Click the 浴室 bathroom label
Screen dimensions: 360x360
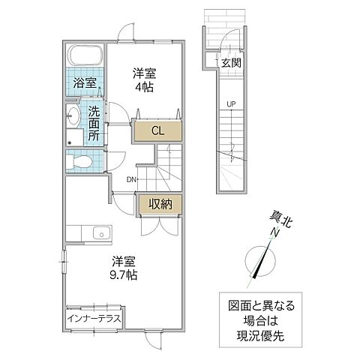83,82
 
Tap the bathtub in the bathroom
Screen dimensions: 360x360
83,57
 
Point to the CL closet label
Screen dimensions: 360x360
157,130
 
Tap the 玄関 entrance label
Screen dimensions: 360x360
230,64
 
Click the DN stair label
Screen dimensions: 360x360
131,178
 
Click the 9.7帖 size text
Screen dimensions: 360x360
124,274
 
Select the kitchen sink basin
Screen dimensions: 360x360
97,235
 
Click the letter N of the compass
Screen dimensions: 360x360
274,233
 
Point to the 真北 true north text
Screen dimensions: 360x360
279,218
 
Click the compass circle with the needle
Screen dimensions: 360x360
261,262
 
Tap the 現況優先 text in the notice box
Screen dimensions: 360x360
261,334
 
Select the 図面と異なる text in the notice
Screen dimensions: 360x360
261,306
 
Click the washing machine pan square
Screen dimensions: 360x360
73,139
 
